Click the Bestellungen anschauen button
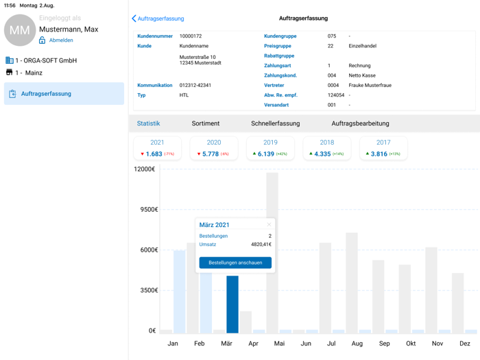click(x=235, y=263)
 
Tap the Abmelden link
click(x=61, y=40)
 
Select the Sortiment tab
click(x=206, y=123)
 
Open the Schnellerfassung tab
click(x=276, y=123)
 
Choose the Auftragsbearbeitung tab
click(x=360, y=123)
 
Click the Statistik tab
click(x=148, y=123)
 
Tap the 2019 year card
click(x=270, y=148)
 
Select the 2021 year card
click(x=157, y=148)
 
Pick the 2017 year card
click(x=383, y=148)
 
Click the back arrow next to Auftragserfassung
click(x=134, y=19)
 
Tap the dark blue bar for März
click(x=232, y=304)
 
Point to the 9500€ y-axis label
click(x=146, y=210)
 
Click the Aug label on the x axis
click(x=357, y=344)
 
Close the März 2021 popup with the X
click(x=269, y=224)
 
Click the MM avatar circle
click(x=20, y=30)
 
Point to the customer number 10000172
click(x=191, y=36)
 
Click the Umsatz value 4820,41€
click(x=261, y=244)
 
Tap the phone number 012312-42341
click(x=195, y=86)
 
